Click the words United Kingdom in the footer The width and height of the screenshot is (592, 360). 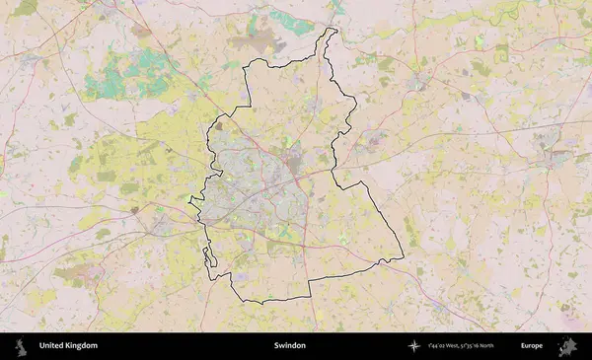coord(68,346)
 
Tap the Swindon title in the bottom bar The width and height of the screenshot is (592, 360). coord(290,346)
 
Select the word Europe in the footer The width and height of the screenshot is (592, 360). coord(532,346)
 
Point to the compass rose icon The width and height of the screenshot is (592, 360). coord(413,346)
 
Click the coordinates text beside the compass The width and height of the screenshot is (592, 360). coord(461,346)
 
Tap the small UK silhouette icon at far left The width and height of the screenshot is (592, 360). coord(19,346)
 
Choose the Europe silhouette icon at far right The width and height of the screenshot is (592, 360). coord(567,346)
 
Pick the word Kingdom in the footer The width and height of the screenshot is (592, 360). coord(82,346)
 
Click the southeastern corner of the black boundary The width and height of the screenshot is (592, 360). coord(403,259)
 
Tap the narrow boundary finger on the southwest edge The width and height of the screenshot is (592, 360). coord(207,257)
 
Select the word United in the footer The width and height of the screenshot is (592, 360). coord(51,346)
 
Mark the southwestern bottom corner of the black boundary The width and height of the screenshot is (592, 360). coord(233,298)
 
